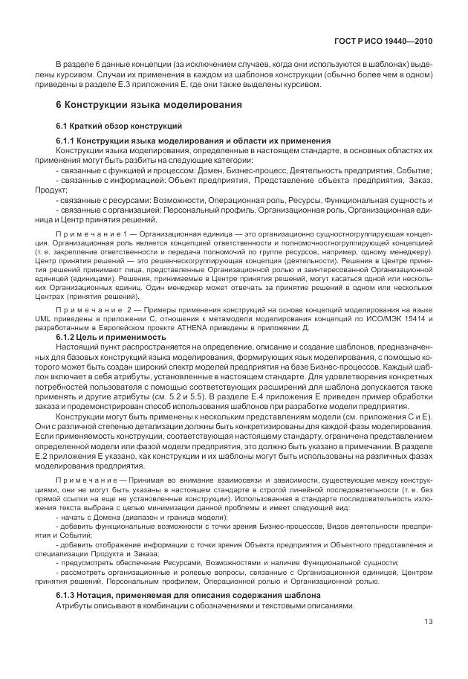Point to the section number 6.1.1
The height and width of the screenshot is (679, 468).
click(x=66, y=141)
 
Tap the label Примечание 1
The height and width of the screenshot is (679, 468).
click(x=86, y=234)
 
